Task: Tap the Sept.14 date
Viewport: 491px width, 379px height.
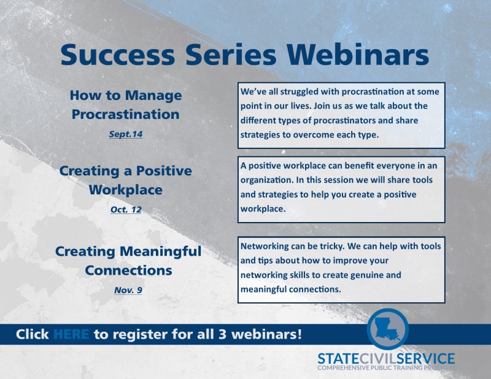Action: coord(126,134)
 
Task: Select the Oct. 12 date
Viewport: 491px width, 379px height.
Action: coord(126,209)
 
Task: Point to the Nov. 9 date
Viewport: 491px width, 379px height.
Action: coord(128,289)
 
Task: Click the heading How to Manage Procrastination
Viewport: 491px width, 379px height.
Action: coord(125,105)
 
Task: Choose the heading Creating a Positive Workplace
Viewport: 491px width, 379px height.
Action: coord(125,180)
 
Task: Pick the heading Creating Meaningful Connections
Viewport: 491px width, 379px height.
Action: coord(128,260)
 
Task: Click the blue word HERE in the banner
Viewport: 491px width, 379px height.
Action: coord(71,335)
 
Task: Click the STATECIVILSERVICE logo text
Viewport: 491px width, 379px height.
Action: coord(386,358)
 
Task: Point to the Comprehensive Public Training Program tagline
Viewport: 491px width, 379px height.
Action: coord(386,368)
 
